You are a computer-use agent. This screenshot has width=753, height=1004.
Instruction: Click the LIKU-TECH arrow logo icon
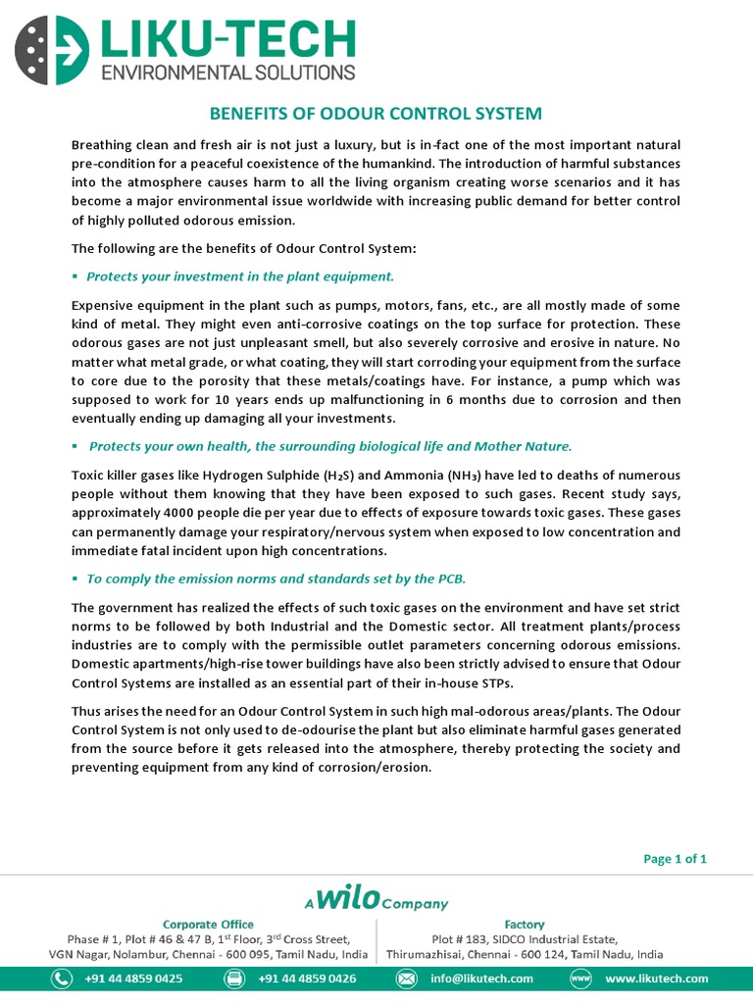[x=48, y=48]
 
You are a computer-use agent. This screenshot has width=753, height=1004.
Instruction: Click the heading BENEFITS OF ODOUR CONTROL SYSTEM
[x=376, y=114]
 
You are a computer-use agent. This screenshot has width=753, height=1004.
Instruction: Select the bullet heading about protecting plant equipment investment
[x=240, y=276]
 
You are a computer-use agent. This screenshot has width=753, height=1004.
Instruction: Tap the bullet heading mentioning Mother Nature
[x=329, y=446]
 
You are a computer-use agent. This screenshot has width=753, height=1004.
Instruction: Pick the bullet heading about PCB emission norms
[x=276, y=578]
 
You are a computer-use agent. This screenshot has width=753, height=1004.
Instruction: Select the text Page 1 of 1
[x=675, y=859]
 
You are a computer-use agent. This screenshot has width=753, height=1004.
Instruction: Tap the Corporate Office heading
[x=208, y=924]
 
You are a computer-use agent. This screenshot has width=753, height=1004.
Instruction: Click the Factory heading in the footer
[x=525, y=924]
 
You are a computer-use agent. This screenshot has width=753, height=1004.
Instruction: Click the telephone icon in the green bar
[x=62, y=979]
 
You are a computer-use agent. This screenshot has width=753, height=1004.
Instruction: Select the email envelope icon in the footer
[x=406, y=979]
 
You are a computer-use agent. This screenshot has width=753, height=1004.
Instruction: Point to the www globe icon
[x=580, y=979]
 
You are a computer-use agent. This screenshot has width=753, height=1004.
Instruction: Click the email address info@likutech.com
[x=480, y=979]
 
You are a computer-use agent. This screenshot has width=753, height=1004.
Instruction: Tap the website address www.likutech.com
[x=657, y=979]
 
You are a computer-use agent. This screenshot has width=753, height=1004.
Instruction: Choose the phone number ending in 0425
[x=133, y=979]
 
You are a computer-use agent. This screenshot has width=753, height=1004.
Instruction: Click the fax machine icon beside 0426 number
[x=234, y=979]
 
